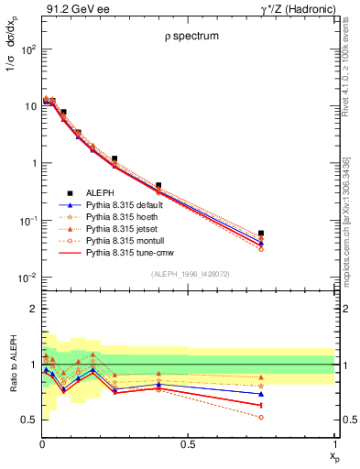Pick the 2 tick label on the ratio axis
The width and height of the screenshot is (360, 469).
click(x=31, y=309)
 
